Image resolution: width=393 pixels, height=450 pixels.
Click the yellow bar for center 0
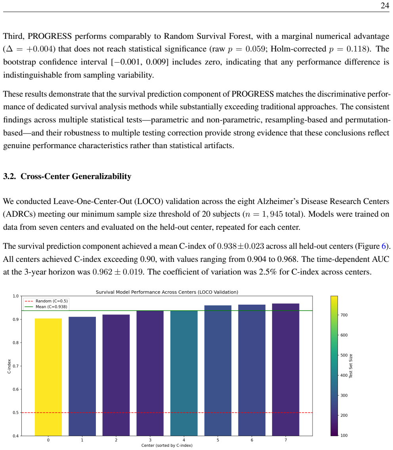coord(48,377)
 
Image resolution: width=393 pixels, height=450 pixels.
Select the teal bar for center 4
coord(184,373)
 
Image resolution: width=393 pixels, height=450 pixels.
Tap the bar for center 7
coord(286,370)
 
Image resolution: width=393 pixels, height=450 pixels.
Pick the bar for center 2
coord(116,375)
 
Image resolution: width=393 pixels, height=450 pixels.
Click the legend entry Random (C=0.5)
coord(46,301)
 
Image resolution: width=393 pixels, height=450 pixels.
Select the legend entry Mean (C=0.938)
coord(46,307)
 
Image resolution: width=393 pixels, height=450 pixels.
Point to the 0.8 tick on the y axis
coord(15,343)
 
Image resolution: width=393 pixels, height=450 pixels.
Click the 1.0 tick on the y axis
coord(15,296)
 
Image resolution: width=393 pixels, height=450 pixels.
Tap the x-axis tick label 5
coord(218,440)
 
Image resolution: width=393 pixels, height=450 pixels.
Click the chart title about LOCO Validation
coord(167,292)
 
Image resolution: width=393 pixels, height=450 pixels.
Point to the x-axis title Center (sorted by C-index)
coord(167,445)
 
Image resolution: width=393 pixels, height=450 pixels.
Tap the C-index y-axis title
coord(9,366)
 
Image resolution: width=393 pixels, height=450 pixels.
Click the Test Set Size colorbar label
coord(351,366)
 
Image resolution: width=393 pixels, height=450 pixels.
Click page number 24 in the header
coord(385,6)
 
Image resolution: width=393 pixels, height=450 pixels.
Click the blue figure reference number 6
coord(383,246)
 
